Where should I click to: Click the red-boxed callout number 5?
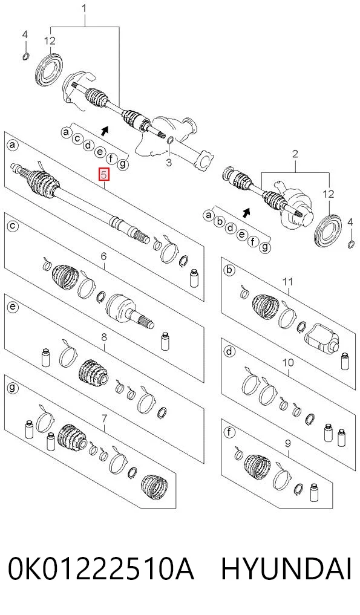pos(103,175)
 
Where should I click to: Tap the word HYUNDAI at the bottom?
pos(286,569)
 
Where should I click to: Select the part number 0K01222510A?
pos(101,569)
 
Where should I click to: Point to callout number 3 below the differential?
pos(168,162)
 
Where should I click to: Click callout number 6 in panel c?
pos(103,256)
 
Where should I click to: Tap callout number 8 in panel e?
pos(104,337)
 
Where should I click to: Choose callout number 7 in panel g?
pos(104,419)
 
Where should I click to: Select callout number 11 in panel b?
pos(288,281)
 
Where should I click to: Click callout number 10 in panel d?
pos(288,362)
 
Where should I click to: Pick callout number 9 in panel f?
pos(288,444)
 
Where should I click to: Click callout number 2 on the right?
pos(295,154)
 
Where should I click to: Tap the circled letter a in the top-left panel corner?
pos(12,146)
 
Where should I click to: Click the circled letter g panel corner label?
pos(13,388)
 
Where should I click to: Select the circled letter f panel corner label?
pos(229,432)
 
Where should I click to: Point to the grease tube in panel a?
pos(193,278)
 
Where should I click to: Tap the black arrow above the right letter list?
pos(246,213)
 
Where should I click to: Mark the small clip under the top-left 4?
pos(26,56)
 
